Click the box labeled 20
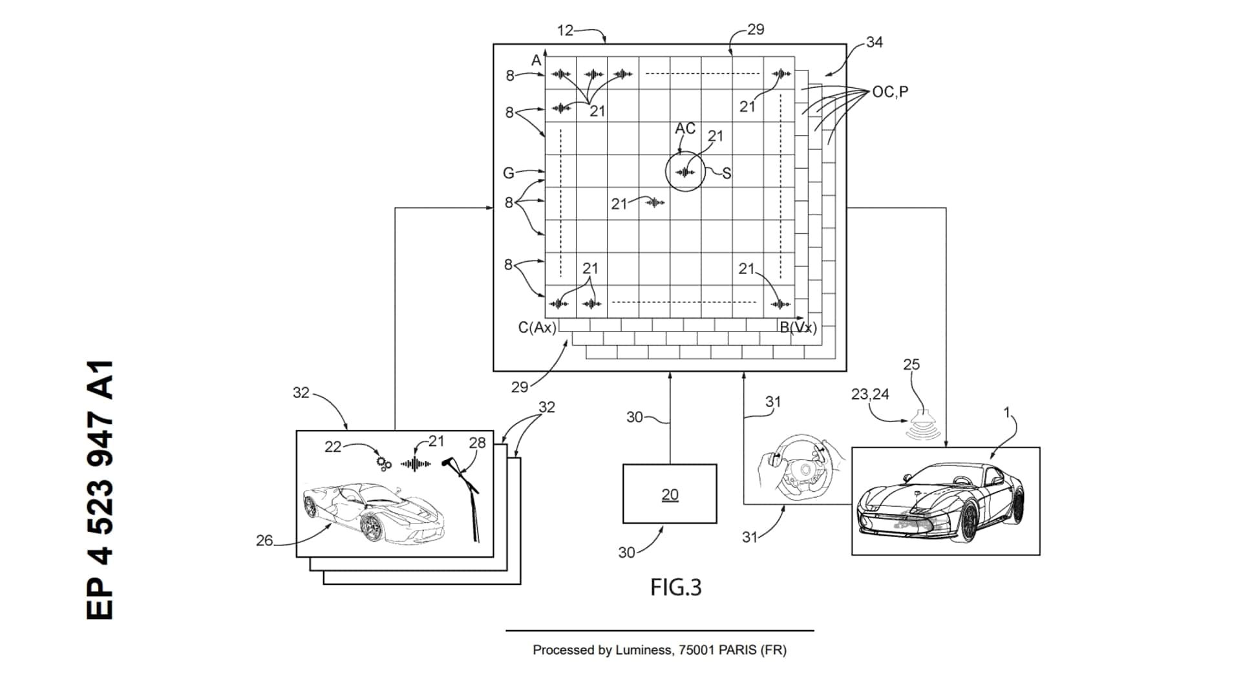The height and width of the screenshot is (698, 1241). tap(670, 494)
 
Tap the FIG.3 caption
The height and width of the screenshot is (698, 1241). tap(675, 587)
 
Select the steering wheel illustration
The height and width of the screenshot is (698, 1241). tap(801, 469)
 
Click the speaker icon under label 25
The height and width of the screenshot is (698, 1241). tap(924, 423)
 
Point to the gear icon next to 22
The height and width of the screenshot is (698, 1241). tap(384, 463)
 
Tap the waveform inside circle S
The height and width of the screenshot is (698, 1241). tap(684, 172)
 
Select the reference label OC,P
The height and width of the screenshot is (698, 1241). tap(890, 92)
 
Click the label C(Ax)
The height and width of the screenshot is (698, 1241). tap(536, 328)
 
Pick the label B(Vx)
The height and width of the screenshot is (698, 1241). tap(798, 328)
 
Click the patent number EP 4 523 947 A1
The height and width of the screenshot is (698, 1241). tap(100, 490)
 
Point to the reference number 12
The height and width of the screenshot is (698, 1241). tap(565, 30)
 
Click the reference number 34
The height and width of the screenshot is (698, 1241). tap(874, 42)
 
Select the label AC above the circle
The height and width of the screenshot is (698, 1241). tap(685, 129)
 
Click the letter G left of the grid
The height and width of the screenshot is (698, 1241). tap(509, 173)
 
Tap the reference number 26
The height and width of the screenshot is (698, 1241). tap(264, 540)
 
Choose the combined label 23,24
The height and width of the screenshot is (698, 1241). tap(870, 394)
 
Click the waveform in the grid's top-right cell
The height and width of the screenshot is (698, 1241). tap(781, 74)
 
